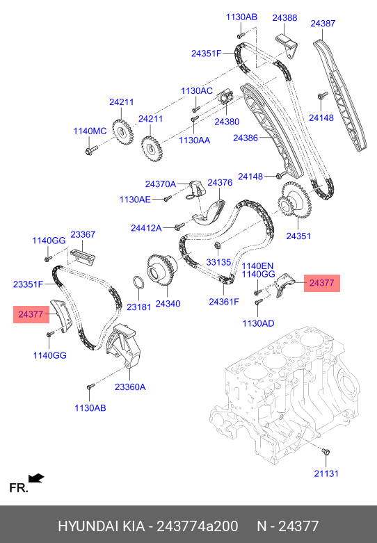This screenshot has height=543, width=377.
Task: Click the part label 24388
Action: click(x=284, y=17)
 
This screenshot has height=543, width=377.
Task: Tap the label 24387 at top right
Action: click(x=323, y=23)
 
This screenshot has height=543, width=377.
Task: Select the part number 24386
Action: click(x=246, y=138)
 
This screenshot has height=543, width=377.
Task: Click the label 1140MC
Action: click(x=90, y=131)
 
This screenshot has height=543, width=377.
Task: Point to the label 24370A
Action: click(x=161, y=184)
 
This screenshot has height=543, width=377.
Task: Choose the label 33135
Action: click(x=218, y=262)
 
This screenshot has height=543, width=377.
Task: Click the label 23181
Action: click(x=139, y=307)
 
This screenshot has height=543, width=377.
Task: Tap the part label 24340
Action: click(x=168, y=304)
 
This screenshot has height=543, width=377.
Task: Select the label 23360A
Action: click(x=130, y=387)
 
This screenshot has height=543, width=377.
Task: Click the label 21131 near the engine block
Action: click(x=326, y=473)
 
